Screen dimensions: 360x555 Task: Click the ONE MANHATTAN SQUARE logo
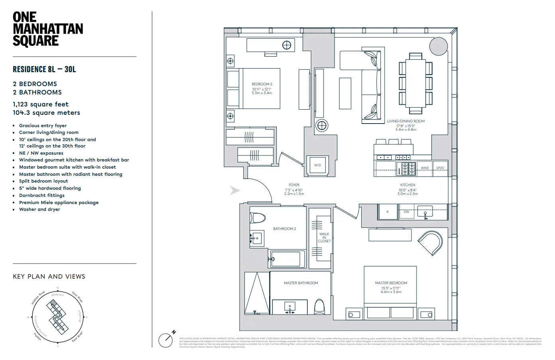tap(48, 29)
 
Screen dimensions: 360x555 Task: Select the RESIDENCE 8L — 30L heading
tap(44, 69)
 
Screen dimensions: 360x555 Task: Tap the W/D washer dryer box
tap(317, 165)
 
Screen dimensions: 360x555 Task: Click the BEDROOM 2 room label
tap(262, 84)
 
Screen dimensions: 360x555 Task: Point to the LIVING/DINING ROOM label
tap(405, 121)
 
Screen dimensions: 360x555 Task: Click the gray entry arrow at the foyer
tap(235, 191)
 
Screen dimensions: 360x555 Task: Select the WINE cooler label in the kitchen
tap(425, 168)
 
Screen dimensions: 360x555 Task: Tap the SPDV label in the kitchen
tap(440, 168)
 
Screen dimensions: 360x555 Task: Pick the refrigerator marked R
tap(388, 212)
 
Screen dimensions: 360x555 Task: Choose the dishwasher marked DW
tap(406, 212)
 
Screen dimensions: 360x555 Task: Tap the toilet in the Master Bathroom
tap(320, 307)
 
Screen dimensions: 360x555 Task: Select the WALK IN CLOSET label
tap(324, 238)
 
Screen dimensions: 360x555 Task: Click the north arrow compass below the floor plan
tap(166, 340)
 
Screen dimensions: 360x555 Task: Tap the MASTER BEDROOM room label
tap(391, 283)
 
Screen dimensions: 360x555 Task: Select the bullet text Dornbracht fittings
tap(42, 195)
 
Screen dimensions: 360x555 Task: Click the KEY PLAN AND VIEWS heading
tap(49, 276)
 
